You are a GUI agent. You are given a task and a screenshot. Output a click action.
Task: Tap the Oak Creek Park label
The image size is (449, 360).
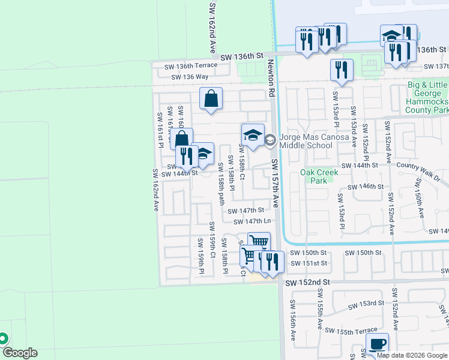coord(319,176)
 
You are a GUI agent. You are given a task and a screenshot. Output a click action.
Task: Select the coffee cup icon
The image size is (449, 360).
coord(376,344)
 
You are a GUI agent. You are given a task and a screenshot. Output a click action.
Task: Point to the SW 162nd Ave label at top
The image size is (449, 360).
coord(212,27)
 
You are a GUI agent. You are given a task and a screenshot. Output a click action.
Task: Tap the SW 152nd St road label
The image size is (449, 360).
coord(308,282)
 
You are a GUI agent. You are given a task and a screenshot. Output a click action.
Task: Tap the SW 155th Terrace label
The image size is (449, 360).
coord(351,330)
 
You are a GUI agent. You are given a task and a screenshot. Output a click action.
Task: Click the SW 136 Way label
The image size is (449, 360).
coord(190,77)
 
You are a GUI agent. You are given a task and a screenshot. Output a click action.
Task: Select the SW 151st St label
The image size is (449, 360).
coord(309,263)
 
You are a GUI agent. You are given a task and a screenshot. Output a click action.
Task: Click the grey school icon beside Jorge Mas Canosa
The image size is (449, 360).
coord(270,140)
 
